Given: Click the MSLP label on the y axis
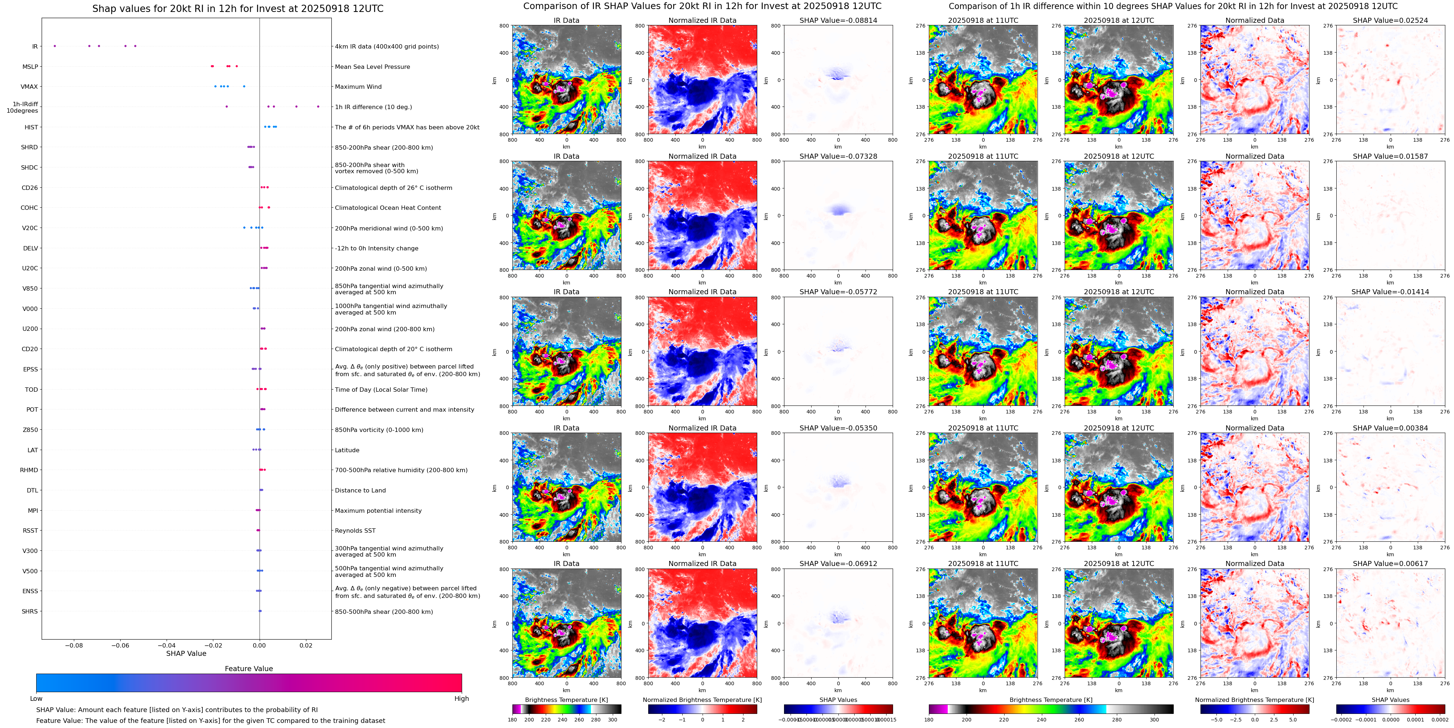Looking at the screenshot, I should pos(30,67).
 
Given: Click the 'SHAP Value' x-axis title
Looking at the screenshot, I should pos(186,653).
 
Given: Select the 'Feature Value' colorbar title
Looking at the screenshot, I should pos(248,669).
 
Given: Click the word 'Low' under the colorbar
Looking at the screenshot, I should pos(36,699).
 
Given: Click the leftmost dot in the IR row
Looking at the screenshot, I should pos(55,46).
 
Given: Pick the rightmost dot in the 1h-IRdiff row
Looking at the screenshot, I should pos(318,106).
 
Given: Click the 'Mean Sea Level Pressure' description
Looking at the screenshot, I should pos(373,67).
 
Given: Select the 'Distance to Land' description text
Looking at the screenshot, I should pos(360,490).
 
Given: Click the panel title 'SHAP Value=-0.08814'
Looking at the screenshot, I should pos(838,20).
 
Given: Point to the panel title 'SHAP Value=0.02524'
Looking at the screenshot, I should pos(1390,20).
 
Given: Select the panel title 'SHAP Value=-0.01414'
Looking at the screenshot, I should pos(1390,292).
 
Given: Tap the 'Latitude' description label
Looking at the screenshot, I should pos(347,450).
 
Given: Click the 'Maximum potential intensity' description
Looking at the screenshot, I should pos(378,511).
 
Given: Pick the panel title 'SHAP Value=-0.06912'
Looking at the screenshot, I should pos(838,563).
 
